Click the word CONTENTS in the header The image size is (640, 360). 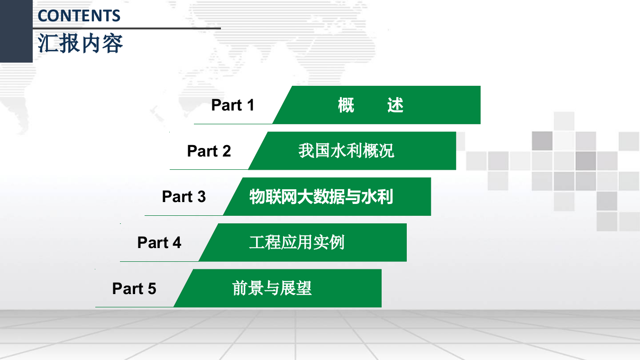click(79, 16)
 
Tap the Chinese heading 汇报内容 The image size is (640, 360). click(81, 43)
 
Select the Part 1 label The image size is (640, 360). click(233, 105)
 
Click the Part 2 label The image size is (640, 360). click(209, 151)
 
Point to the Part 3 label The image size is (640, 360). click(184, 196)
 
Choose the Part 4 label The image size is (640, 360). click(159, 242)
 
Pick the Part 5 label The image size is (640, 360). click(134, 288)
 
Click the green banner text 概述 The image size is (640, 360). click(370, 105)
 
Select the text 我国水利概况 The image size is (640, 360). click(346, 151)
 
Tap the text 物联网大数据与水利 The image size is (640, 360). click(321, 196)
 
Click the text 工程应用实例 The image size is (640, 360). click(297, 242)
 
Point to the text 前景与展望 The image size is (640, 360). click(272, 288)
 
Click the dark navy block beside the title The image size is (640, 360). click(16, 31)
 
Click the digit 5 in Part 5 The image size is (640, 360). click(152, 288)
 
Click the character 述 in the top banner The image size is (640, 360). click(395, 105)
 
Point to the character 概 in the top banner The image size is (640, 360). click(346, 105)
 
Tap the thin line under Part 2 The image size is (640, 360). click(209, 169)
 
